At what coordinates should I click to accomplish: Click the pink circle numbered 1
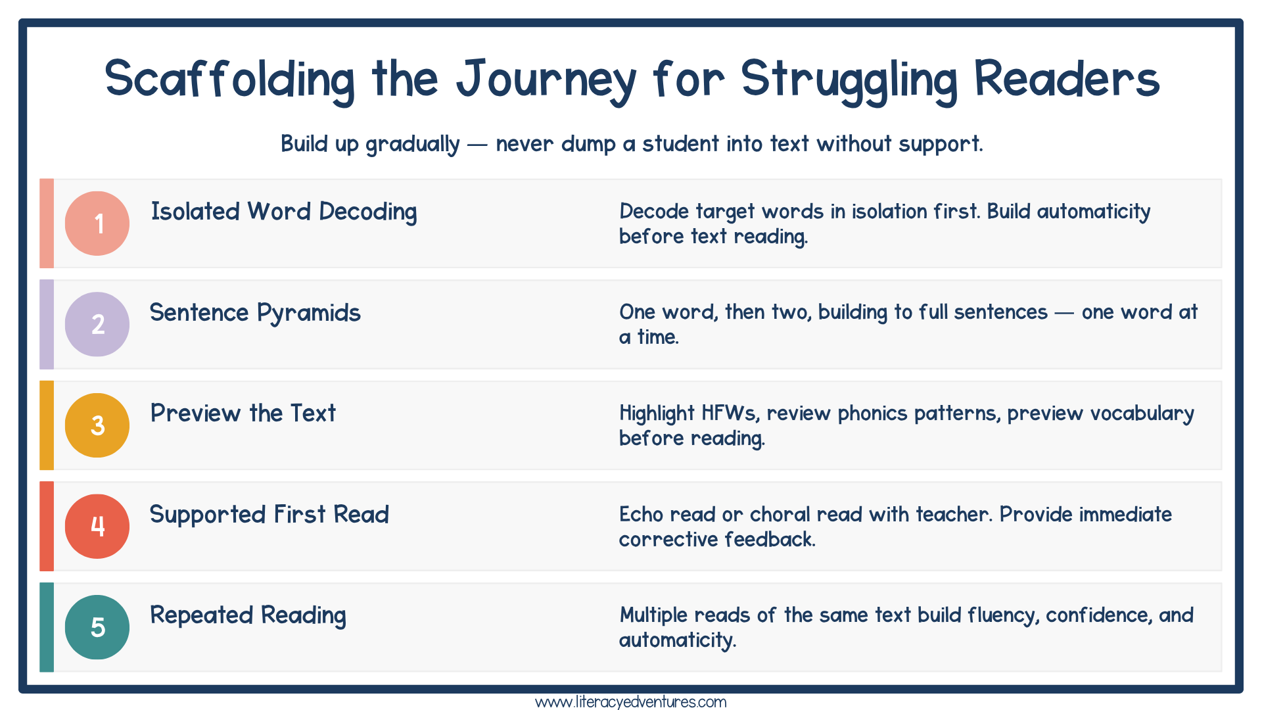(97, 224)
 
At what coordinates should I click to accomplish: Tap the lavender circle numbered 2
(97, 324)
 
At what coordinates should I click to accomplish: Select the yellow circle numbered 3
(97, 425)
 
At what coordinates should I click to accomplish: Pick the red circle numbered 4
(97, 526)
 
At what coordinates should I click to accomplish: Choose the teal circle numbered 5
(97, 627)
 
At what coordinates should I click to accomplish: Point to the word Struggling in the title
(849, 80)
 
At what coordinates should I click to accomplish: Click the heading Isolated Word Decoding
(284, 212)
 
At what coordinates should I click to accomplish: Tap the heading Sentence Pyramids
(255, 313)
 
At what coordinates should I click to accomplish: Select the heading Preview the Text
(243, 414)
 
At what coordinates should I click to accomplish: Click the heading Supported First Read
(269, 515)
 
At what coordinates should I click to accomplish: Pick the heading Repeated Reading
(248, 615)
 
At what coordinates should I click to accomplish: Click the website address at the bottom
(630, 702)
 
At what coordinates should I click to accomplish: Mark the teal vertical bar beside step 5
(47, 627)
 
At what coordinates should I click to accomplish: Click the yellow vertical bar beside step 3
(47, 425)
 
